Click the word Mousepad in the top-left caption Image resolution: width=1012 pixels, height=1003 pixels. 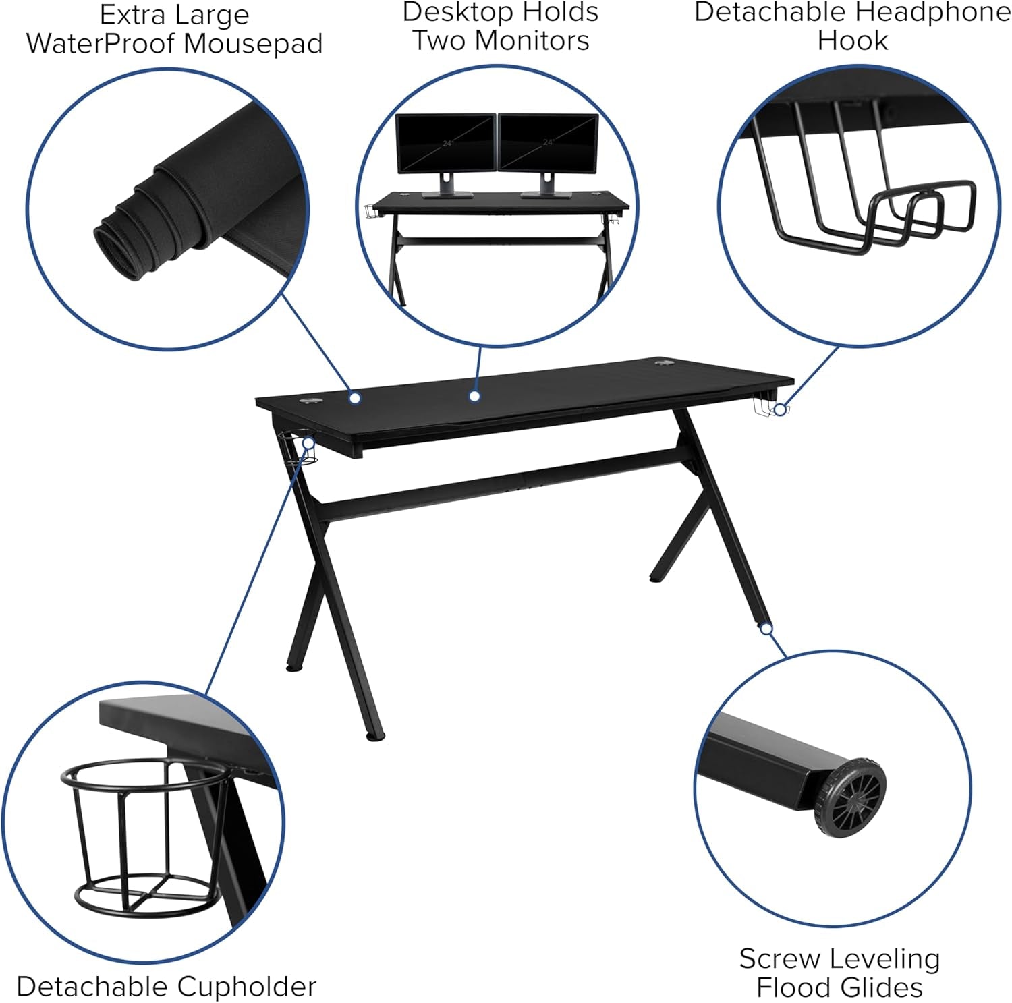point(253,44)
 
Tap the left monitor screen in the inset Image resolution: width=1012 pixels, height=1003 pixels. point(445,143)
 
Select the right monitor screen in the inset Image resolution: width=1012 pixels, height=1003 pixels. point(548,143)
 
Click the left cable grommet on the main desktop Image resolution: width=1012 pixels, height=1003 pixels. point(311,402)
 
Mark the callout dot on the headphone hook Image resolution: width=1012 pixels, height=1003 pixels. point(780,409)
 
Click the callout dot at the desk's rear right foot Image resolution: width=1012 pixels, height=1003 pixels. point(766,629)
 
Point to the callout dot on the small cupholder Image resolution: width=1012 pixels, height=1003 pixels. point(308,443)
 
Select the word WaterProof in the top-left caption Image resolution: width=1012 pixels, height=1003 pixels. point(100,44)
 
